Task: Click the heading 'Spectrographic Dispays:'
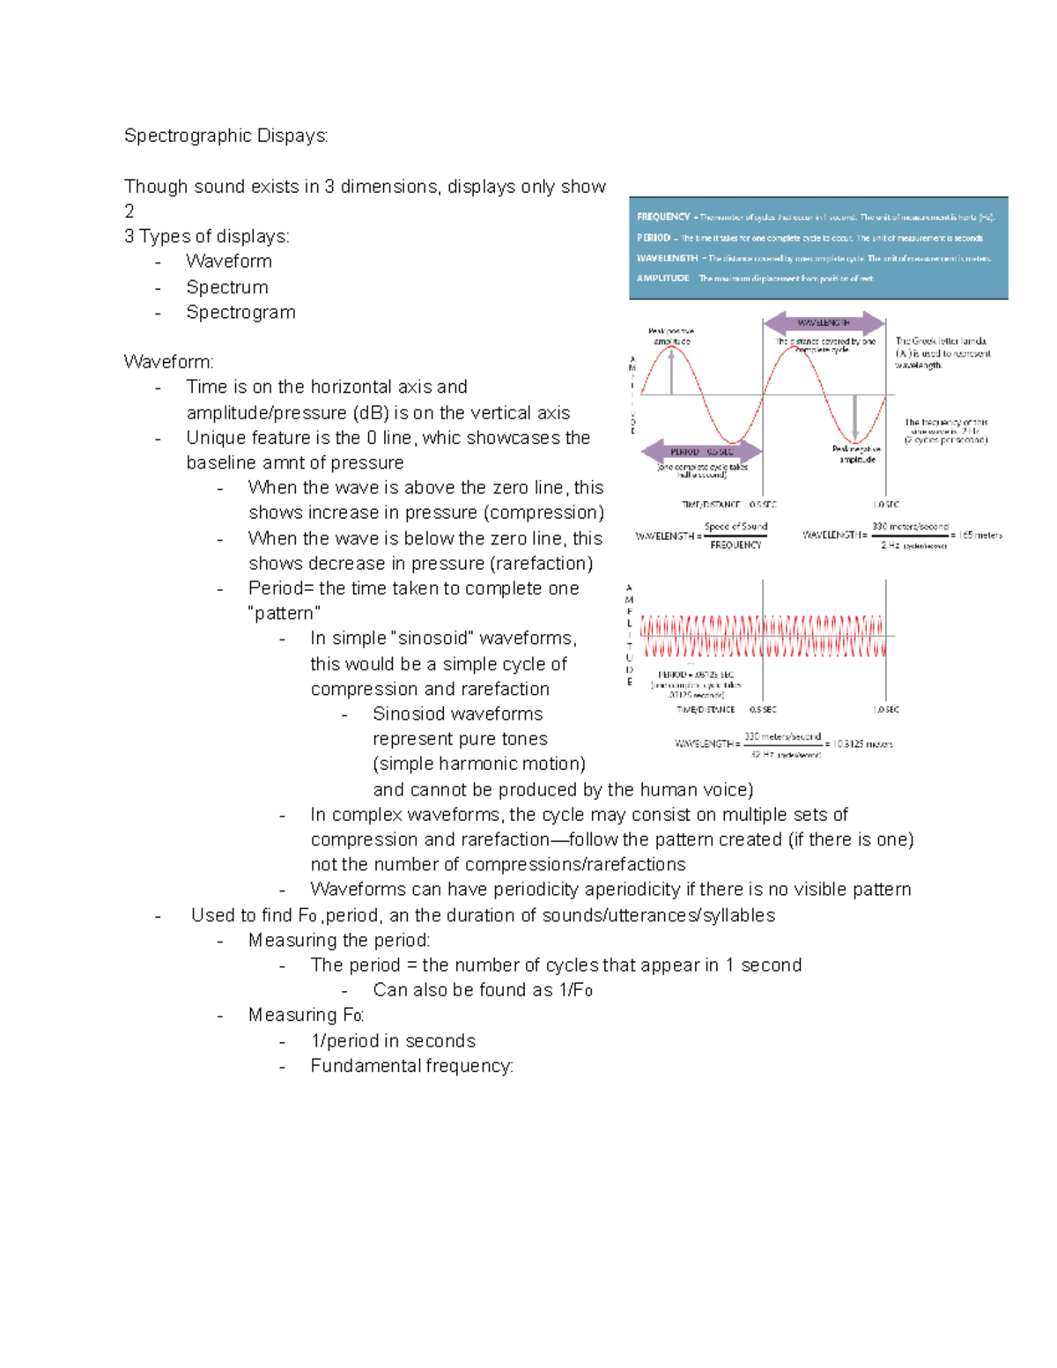click(x=225, y=136)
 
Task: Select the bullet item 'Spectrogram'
click(x=240, y=313)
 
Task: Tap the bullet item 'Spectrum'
click(x=227, y=287)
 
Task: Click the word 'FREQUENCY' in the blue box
click(x=663, y=217)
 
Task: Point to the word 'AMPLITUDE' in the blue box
click(x=662, y=278)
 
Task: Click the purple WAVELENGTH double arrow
click(x=824, y=322)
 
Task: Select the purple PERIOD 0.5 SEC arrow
click(x=701, y=452)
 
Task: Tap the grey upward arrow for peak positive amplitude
click(x=672, y=370)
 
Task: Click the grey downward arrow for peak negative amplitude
click(x=854, y=418)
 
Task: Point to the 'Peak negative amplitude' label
click(x=856, y=455)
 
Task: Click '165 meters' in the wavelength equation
click(x=979, y=535)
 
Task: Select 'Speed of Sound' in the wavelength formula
click(x=735, y=527)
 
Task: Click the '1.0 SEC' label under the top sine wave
click(x=886, y=505)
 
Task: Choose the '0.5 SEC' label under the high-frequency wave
click(x=763, y=709)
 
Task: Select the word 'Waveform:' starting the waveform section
click(x=168, y=362)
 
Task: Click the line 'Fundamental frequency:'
click(x=411, y=1066)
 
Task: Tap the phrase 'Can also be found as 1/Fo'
click(x=483, y=990)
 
